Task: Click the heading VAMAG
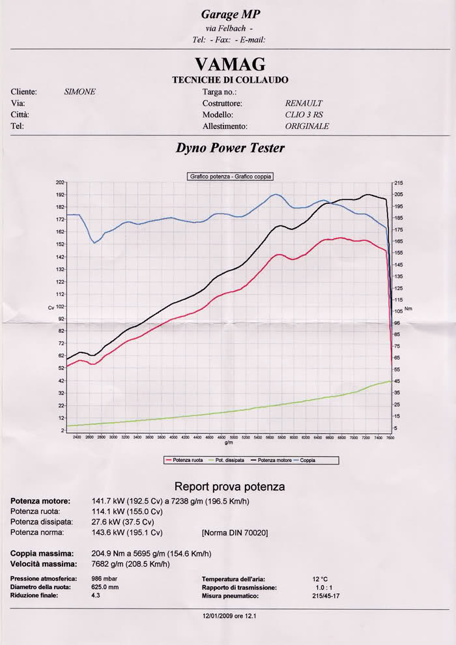[229, 64]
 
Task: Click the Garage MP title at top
[229, 14]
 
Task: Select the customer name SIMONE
[79, 92]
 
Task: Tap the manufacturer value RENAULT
[304, 104]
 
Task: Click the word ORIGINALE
[307, 126]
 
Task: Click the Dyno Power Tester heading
[230, 148]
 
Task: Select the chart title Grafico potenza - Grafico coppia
[231, 177]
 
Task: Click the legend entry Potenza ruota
[187, 460]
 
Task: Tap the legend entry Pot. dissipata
[227, 460]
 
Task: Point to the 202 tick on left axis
[60, 182]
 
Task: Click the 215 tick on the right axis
[399, 183]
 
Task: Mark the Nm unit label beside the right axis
[408, 308]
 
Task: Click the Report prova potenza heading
[229, 487]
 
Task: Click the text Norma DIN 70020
[235, 533]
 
